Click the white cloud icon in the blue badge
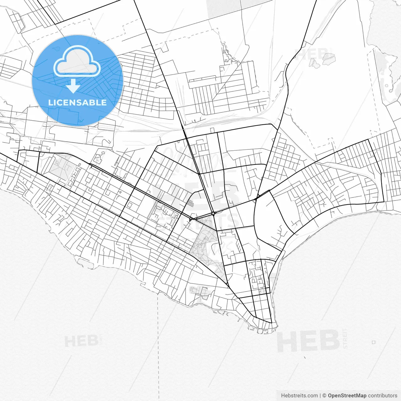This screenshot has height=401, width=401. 77,62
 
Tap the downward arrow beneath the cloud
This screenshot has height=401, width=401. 73,86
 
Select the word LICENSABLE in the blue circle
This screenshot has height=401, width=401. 77,102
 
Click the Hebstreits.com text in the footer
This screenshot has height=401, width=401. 299,396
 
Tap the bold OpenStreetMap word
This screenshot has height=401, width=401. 347,396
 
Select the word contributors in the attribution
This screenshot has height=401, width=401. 383,396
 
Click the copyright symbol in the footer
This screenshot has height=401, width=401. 324,396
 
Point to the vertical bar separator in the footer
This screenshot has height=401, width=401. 320,396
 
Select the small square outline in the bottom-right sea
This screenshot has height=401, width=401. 373,342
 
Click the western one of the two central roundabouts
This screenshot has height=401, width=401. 190,219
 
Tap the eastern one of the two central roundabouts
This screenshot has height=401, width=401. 213,214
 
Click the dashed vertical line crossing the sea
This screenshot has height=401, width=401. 158,345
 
